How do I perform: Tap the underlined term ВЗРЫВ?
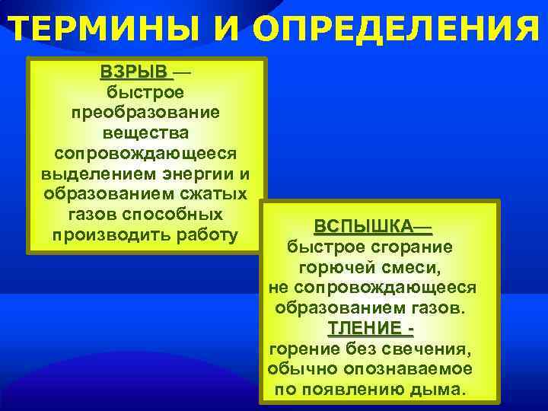[133, 72]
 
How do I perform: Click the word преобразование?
[145, 113]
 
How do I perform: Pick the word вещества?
[145, 132]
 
